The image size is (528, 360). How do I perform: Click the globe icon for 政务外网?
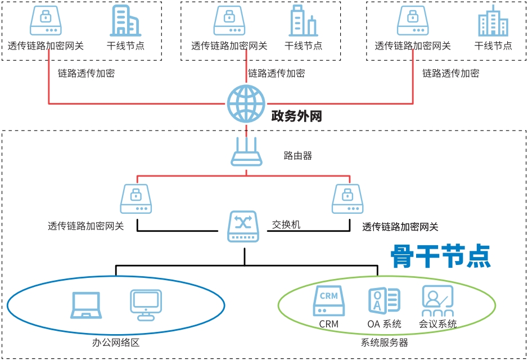pyautogui.click(x=246, y=103)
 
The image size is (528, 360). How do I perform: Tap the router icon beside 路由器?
pyautogui.click(x=247, y=152)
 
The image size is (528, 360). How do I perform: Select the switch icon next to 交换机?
pyautogui.click(x=243, y=226)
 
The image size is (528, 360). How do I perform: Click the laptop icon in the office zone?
pyautogui.click(x=86, y=306)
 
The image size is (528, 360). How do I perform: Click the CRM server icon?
pyautogui.click(x=328, y=301)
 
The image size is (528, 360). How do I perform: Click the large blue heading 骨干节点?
pyautogui.click(x=441, y=256)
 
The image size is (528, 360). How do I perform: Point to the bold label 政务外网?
pyautogui.click(x=296, y=116)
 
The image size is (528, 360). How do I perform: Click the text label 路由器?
pyautogui.click(x=298, y=155)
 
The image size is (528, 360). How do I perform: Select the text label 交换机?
pyautogui.click(x=286, y=224)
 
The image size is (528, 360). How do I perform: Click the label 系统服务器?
pyautogui.click(x=385, y=342)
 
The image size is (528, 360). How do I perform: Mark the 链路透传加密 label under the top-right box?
pyautogui.click(x=451, y=73)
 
